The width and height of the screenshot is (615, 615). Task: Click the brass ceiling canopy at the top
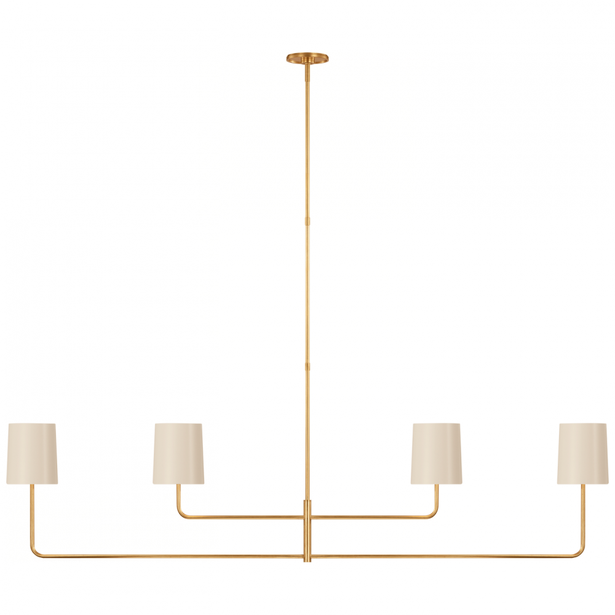click(x=307, y=58)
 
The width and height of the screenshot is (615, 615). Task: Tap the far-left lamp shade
click(x=33, y=453)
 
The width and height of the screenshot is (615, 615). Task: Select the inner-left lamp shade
click(x=178, y=453)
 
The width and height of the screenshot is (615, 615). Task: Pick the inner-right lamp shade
click(x=437, y=453)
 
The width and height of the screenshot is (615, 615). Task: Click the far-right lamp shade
click(x=582, y=453)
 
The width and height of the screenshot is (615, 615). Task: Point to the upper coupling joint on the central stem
click(x=307, y=220)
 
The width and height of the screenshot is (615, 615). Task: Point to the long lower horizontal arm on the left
click(x=172, y=555)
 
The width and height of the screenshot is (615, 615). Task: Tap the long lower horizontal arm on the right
click(x=443, y=555)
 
